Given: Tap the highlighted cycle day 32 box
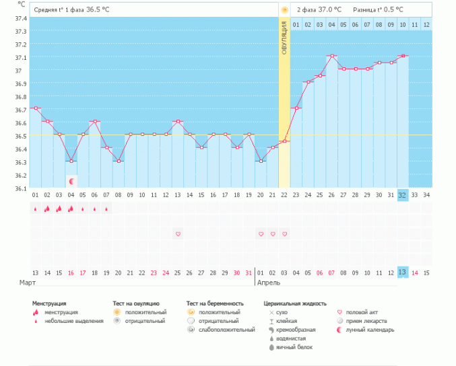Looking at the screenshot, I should pos(403,195).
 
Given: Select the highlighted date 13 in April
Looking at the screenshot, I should pos(403,272).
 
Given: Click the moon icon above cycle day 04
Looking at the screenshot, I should pos(71,182).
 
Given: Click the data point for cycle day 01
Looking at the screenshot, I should pos(35,108).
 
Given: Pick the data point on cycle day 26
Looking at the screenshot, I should pos(332,56).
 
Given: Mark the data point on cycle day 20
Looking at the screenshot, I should pos(261,161).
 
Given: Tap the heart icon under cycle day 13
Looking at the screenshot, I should pos(178,234).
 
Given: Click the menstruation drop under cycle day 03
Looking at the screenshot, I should pos(59,209).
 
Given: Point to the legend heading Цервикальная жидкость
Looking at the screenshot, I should pos(295,304).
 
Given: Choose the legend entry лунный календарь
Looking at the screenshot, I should pos(369,330).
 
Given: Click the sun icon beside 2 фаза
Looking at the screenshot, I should pos(285,10).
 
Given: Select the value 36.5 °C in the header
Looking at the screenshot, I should pos(98,10).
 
